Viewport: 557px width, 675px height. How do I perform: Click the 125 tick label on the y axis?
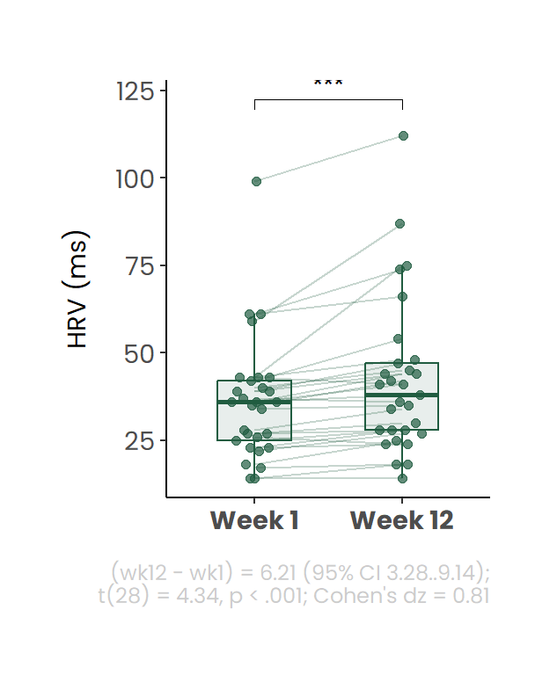tap(136, 91)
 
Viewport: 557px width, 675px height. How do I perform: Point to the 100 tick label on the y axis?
tap(136, 179)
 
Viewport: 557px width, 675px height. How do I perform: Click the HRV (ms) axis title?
tap(78, 289)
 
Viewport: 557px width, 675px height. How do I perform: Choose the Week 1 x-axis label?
tap(254, 520)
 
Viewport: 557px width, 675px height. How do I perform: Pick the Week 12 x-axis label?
tap(402, 520)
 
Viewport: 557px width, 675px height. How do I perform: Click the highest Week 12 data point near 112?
tap(403, 135)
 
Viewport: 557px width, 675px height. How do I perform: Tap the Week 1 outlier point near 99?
tap(257, 181)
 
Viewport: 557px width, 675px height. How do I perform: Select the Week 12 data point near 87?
tap(399, 224)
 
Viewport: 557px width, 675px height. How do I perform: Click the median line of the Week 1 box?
tap(254, 402)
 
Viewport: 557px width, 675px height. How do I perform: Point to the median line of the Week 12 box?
tap(402, 395)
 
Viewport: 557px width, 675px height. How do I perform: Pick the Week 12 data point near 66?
tap(402, 296)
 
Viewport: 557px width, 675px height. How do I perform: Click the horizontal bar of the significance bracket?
tap(328, 100)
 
